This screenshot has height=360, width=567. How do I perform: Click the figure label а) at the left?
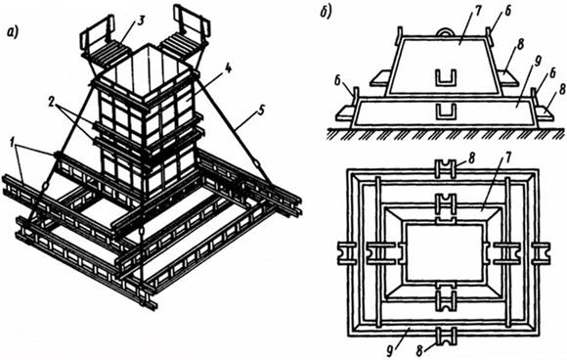click(x=13, y=33)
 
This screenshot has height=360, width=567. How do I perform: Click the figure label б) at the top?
click(x=326, y=13)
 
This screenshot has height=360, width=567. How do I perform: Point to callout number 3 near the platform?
click(x=141, y=21)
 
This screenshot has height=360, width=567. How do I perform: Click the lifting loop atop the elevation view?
click(x=447, y=32)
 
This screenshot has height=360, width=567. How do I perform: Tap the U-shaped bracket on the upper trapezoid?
click(x=446, y=78)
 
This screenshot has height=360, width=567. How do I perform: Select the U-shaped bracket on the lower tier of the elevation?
click(x=446, y=112)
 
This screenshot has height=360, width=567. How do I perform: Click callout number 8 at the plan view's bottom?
click(x=419, y=350)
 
